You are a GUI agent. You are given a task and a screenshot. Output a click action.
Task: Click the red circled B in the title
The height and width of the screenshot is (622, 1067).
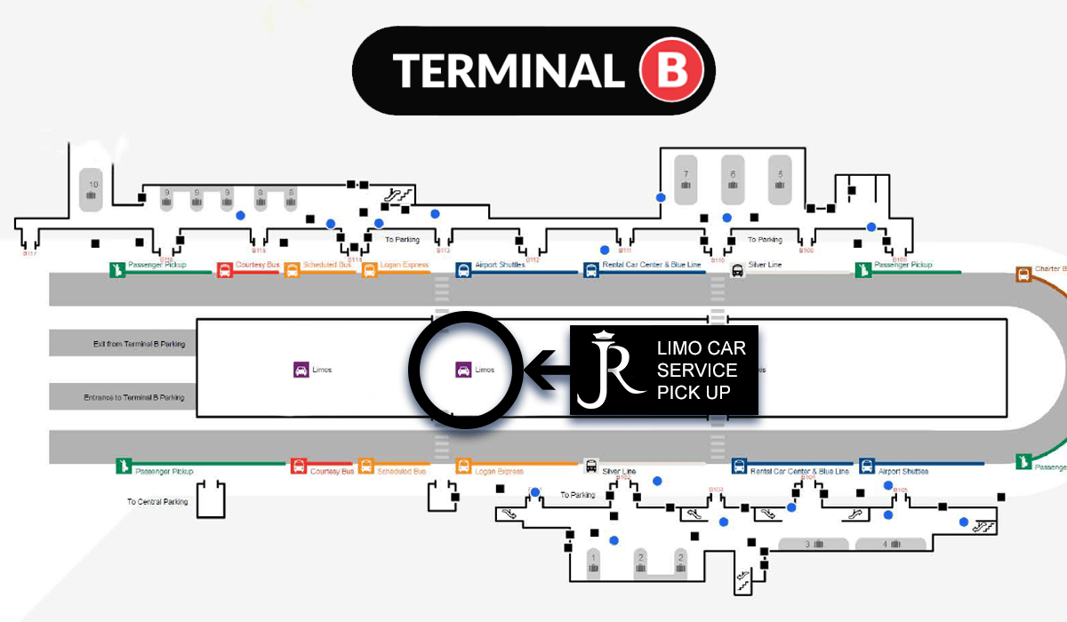click(x=672, y=70)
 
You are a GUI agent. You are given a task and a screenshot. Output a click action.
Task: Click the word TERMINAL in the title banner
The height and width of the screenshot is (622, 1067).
click(x=509, y=70)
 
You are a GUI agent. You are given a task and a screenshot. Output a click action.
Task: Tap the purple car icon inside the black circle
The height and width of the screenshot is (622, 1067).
click(x=462, y=370)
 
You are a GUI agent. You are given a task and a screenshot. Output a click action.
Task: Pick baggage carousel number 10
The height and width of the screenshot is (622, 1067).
click(x=92, y=187)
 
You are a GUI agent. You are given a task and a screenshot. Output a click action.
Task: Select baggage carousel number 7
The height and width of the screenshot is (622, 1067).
click(x=686, y=179)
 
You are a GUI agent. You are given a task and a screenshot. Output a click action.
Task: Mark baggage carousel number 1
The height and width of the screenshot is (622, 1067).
click(x=594, y=562)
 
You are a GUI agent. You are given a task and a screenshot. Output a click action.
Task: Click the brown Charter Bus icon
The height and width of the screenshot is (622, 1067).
click(x=1023, y=275)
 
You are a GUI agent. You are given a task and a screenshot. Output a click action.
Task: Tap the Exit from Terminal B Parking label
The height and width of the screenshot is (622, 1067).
click(x=140, y=343)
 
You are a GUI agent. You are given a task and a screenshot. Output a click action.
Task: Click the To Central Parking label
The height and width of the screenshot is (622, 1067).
click(x=157, y=502)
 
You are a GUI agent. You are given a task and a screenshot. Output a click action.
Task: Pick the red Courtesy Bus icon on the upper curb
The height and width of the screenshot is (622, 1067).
click(x=225, y=270)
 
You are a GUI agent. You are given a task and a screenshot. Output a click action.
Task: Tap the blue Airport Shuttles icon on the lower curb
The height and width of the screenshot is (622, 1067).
click(x=867, y=466)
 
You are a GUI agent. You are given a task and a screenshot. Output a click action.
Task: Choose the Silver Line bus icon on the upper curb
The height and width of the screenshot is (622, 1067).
click(x=736, y=270)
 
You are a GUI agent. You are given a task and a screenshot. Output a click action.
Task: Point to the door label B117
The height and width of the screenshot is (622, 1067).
click(x=28, y=254)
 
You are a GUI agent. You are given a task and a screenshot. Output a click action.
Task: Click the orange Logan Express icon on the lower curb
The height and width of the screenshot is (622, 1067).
click(x=463, y=466)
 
